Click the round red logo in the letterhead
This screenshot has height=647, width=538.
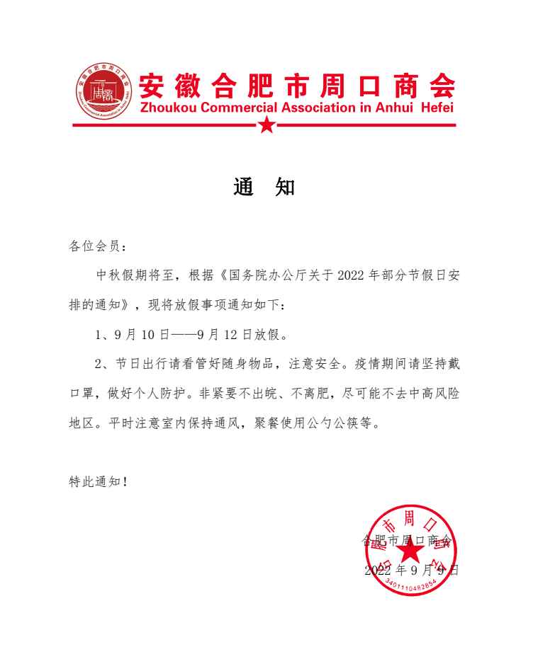(x=103, y=94)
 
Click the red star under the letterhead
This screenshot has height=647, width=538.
(x=267, y=125)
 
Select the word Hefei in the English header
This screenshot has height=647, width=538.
(x=437, y=108)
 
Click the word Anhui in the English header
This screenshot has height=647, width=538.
(x=400, y=108)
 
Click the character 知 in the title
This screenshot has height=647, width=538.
(x=285, y=188)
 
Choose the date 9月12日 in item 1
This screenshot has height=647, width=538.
(x=227, y=333)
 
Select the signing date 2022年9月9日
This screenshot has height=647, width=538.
(x=412, y=570)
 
